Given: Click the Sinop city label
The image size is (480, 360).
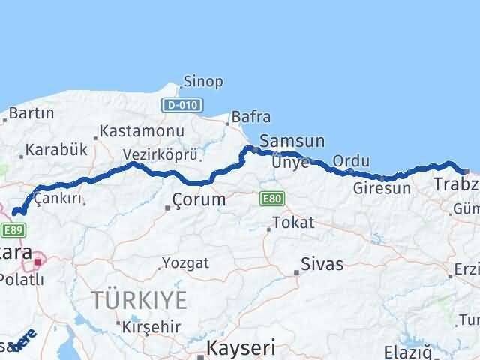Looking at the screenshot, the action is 203,82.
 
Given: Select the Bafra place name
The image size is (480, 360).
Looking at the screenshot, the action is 251,117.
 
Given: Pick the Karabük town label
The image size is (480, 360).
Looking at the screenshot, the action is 51,150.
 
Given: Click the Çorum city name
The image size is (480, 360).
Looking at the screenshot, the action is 199,199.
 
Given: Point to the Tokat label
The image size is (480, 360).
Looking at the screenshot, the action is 293,223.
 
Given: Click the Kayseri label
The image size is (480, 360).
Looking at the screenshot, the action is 241,348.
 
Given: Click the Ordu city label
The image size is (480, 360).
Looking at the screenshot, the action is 351,161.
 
